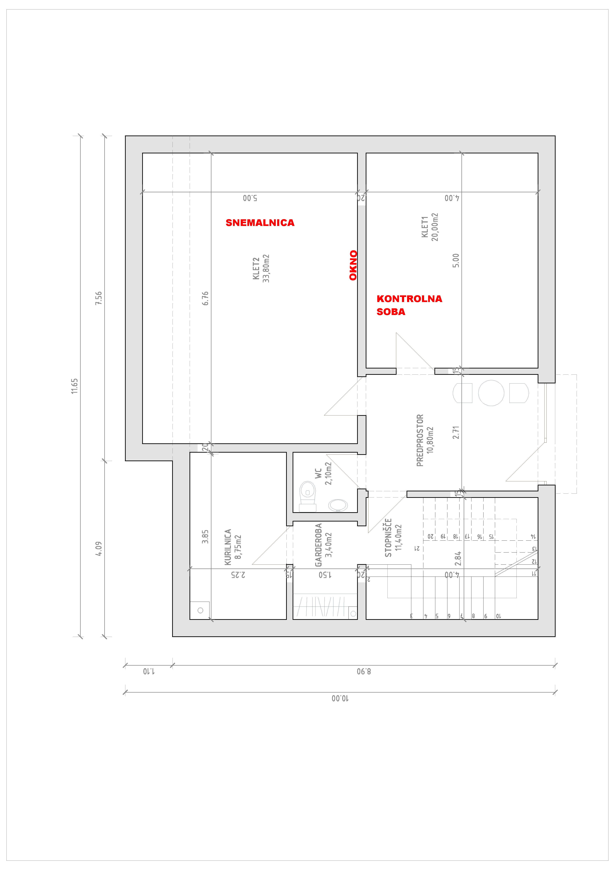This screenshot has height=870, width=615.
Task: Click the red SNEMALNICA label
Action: click(260, 223)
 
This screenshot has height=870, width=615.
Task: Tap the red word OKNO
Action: click(353, 265)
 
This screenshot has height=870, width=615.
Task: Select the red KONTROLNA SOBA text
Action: click(409, 305)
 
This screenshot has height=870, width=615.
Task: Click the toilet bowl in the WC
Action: click(307, 496)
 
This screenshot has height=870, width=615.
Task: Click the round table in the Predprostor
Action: click(491, 393)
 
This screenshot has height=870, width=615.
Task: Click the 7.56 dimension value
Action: click(99, 298)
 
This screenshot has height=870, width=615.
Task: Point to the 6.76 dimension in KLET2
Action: click(205, 298)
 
